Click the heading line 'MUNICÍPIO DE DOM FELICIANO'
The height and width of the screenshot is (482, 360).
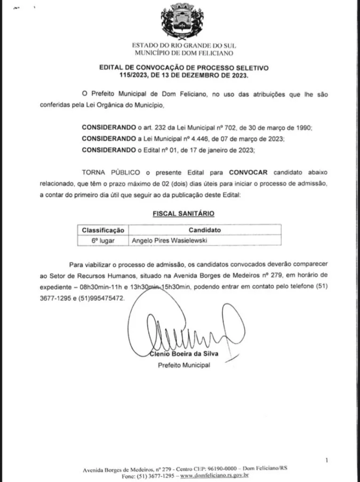184,53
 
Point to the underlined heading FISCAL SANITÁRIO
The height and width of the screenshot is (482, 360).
184,214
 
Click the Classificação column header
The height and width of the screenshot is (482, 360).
103,230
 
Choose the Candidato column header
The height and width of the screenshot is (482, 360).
204,230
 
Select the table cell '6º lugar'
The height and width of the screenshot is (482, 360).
103,241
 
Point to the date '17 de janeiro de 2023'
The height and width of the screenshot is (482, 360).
224,150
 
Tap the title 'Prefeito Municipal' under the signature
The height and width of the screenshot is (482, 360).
184,365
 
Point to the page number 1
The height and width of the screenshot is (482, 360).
327,460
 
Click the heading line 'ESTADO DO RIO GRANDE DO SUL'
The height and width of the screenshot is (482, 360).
184,46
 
